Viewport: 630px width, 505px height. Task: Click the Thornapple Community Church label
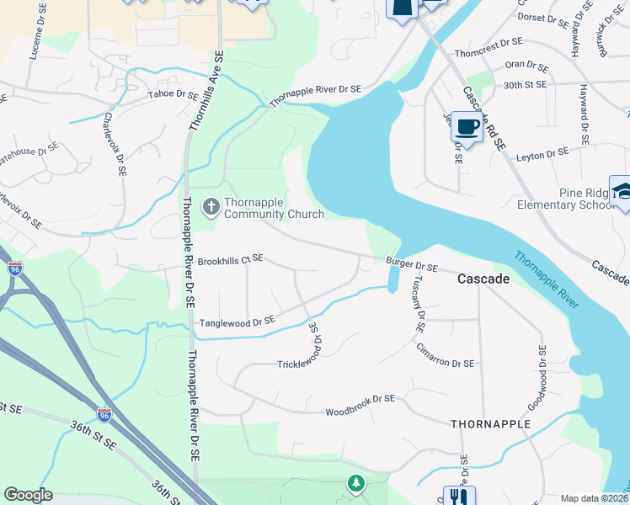coord(274,208)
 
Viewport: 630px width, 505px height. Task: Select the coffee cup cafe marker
coord(466,127)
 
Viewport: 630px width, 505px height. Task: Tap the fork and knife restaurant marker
coord(459,497)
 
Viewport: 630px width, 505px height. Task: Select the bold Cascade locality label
coord(483,278)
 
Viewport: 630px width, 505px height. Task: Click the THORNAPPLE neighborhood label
coord(490,424)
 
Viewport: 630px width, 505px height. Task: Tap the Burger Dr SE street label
coord(413,267)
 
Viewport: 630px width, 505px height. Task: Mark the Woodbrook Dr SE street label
coord(360,412)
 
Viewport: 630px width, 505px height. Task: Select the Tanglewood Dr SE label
coord(237,322)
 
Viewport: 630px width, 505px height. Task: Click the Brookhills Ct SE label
coord(231,261)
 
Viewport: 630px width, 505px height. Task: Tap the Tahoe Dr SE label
coord(174,94)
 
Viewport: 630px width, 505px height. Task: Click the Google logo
coord(29,495)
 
